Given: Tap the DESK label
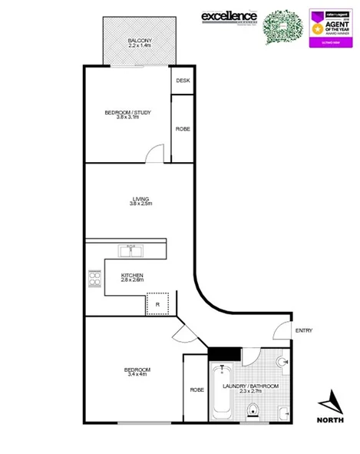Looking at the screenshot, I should [x=183, y=81].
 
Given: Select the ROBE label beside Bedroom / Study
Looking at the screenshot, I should [x=183, y=129].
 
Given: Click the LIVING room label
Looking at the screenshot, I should [x=140, y=200].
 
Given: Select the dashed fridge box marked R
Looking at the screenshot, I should [x=157, y=304].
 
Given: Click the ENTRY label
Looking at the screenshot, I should [x=303, y=330].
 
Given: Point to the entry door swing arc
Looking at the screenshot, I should [x=281, y=331].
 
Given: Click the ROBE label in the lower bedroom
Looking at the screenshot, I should [x=195, y=389].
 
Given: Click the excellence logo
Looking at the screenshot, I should [x=229, y=16].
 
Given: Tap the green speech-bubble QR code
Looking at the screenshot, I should [x=283, y=27].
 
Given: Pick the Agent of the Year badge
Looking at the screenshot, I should [x=329, y=28].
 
